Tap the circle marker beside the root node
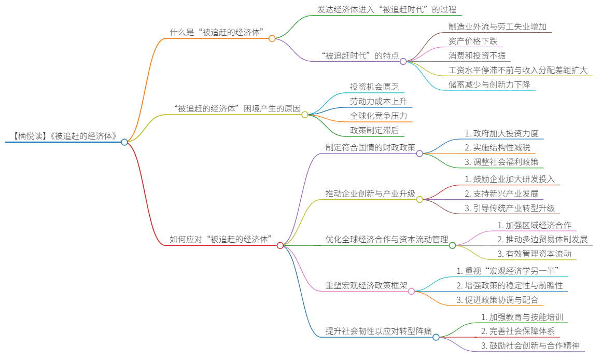124,142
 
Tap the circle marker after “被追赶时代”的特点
403,61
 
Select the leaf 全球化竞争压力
378,115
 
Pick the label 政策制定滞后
374,130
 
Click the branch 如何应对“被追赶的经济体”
221,239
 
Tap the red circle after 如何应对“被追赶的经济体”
280,245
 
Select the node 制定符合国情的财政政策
370,148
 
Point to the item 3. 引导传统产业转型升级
509,208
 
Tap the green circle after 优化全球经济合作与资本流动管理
452,245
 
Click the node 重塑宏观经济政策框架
366,286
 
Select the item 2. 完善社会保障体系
519,331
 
